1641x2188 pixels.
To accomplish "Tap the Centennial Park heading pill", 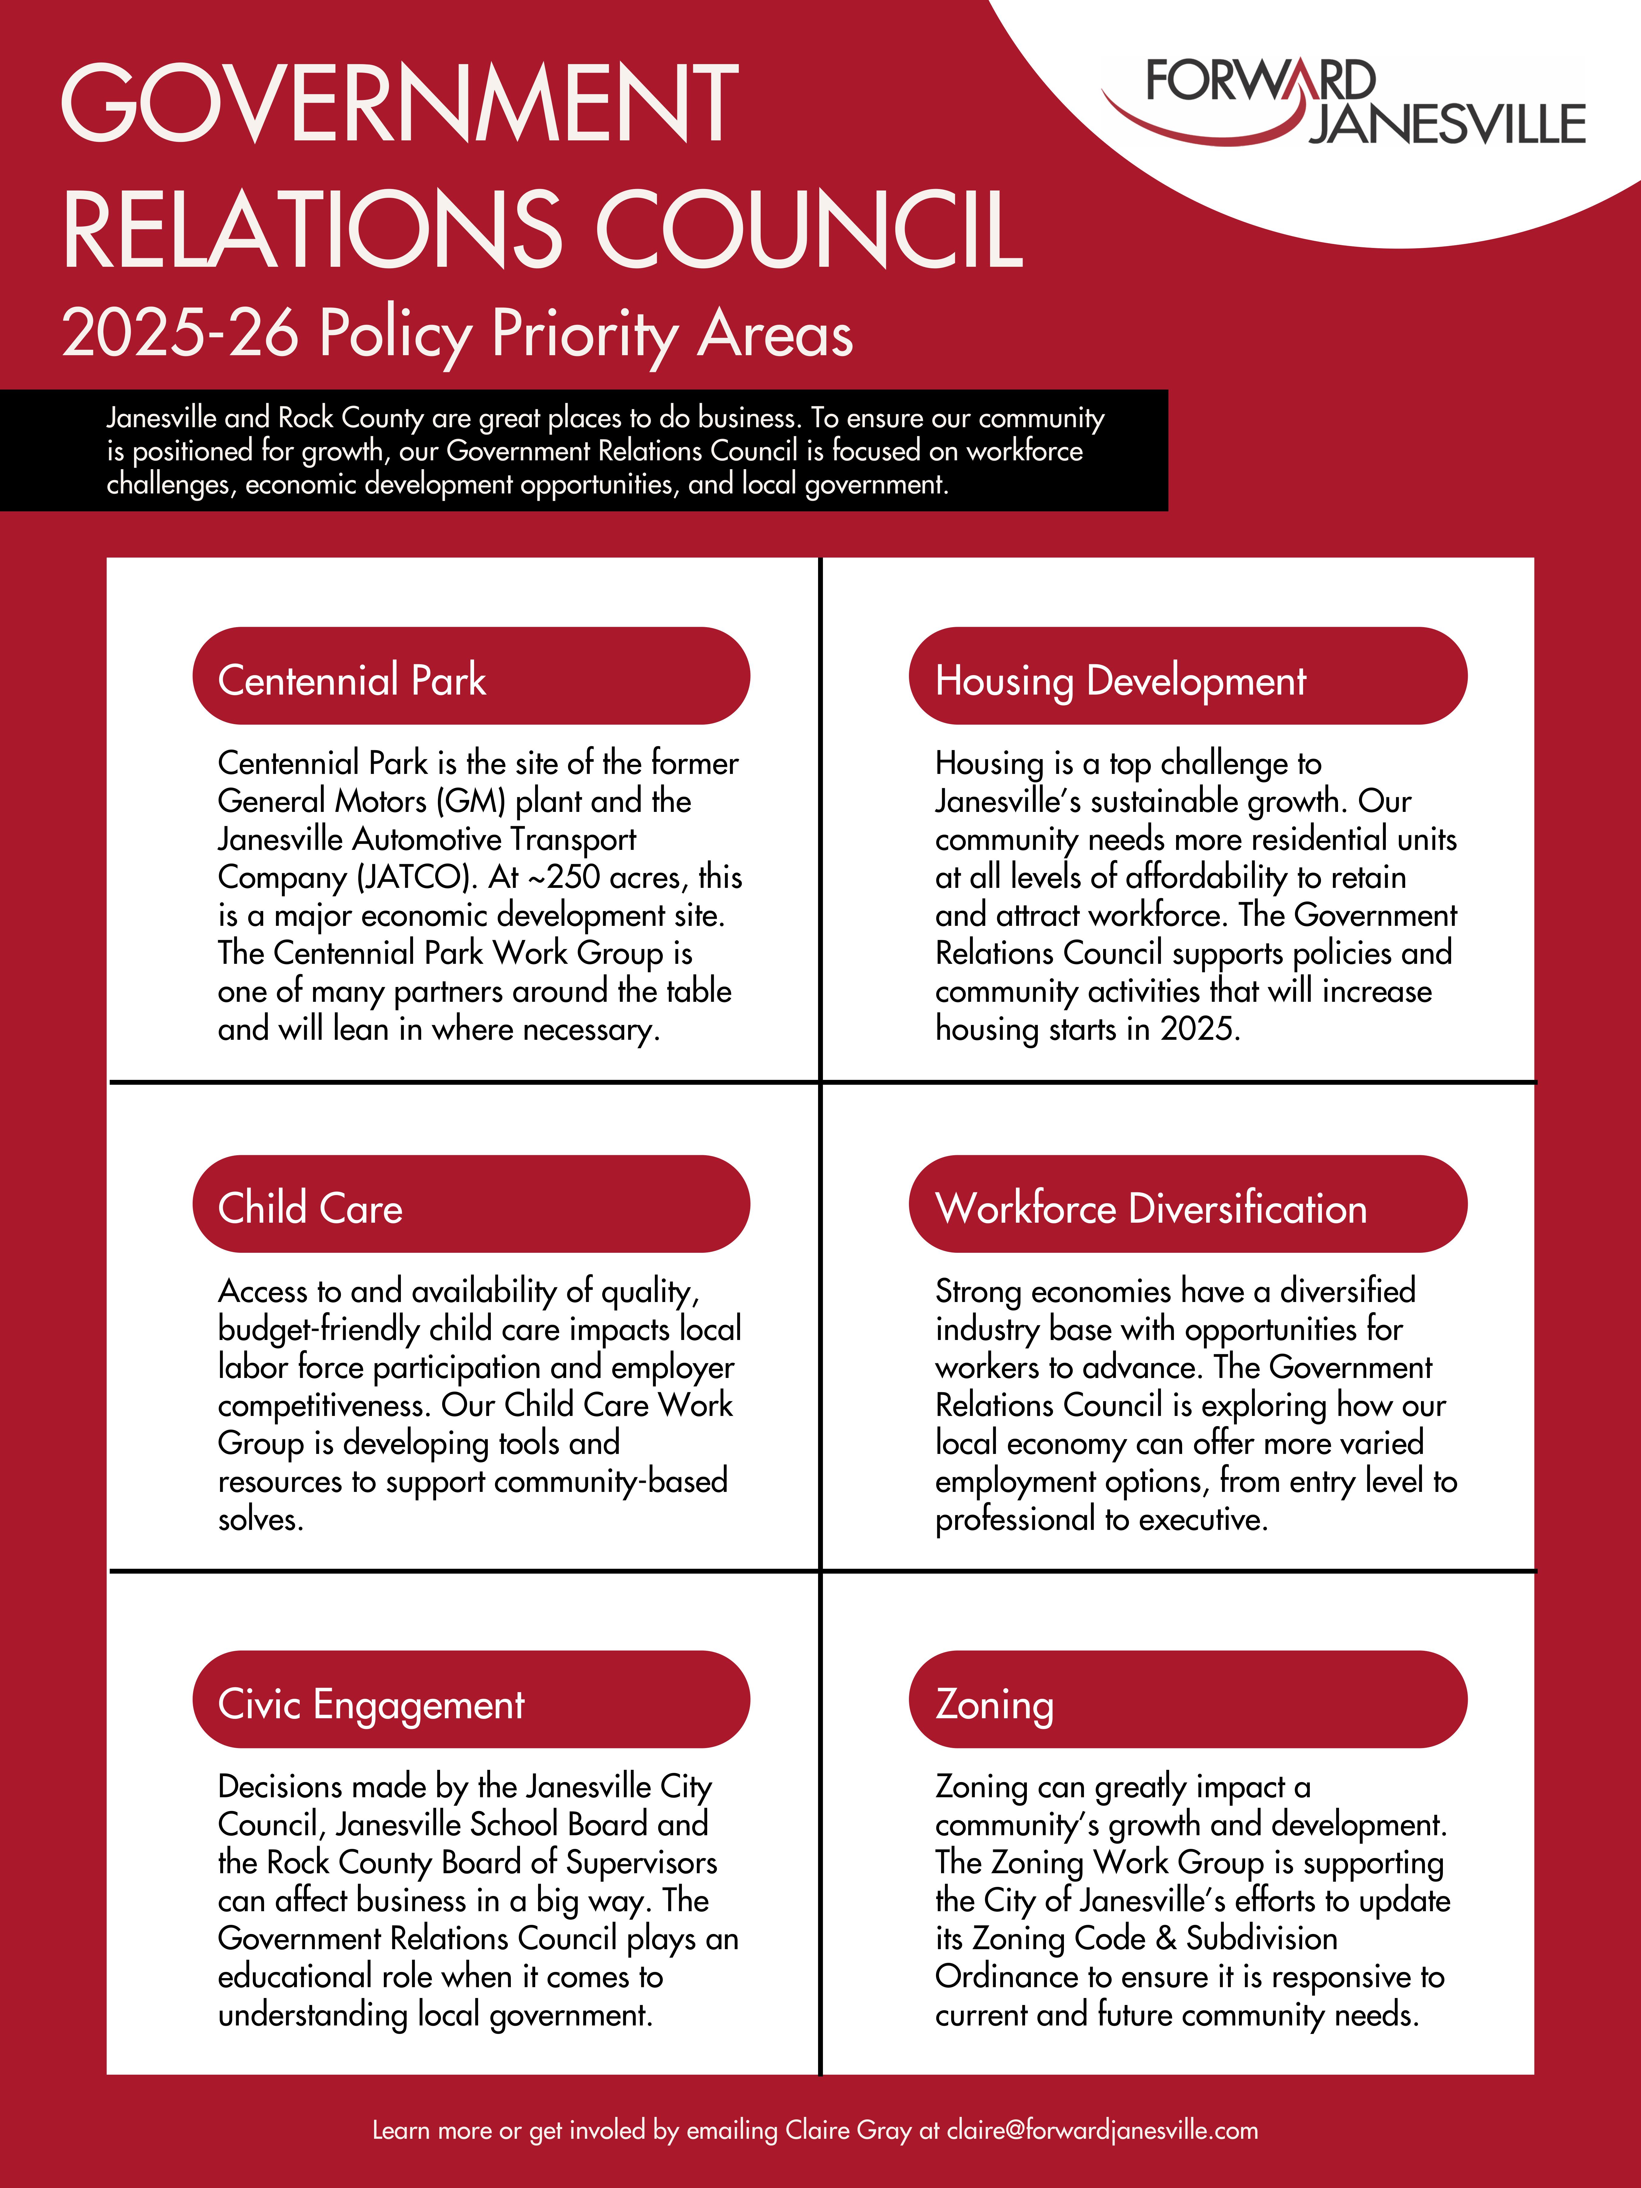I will [x=471, y=677].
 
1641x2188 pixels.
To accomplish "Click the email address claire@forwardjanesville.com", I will [x=1102, y=2131].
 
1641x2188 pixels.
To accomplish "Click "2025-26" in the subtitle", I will [x=180, y=333].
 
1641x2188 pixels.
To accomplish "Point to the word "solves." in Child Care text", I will [x=260, y=1519].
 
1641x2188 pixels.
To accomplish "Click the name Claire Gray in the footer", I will [x=848, y=2131].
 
